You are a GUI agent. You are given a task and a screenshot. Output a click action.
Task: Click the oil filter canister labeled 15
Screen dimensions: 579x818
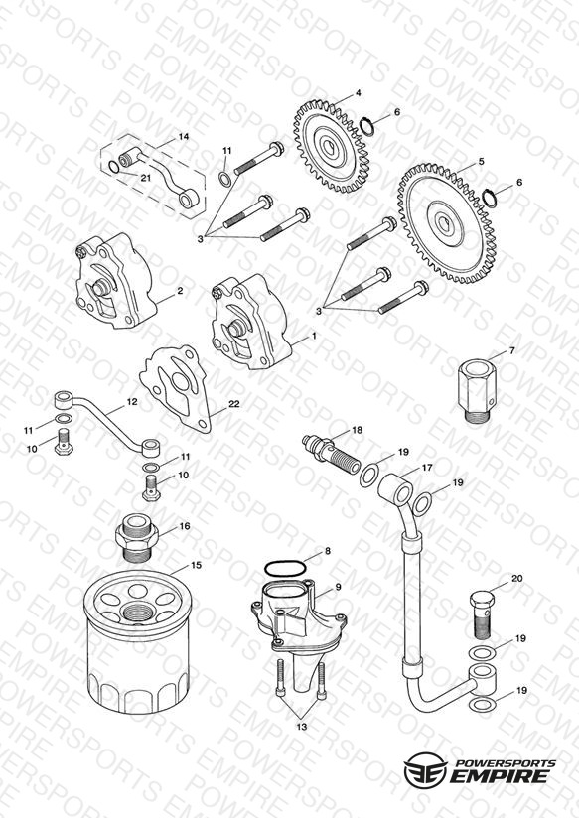[x=137, y=640]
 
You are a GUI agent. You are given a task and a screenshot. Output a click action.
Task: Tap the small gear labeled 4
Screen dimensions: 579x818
[x=332, y=147]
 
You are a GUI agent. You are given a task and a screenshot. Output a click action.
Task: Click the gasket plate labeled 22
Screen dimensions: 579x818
[x=177, y=386]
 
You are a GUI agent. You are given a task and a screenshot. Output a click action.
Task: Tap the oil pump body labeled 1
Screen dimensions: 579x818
[x=251, y=322]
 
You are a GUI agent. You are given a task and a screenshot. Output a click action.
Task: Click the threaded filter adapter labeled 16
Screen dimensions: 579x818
[x=136, y=537]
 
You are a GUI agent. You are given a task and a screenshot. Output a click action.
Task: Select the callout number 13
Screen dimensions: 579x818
[x=302, y=727]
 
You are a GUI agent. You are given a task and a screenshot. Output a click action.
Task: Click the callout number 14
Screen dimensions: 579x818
[x=184, y=137]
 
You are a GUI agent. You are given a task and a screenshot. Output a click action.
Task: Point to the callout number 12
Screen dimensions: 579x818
[x=132, y=402]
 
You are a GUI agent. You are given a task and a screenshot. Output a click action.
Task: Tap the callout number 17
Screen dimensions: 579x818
[x=427, y=468]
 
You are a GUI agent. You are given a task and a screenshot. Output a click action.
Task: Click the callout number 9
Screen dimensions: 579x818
[x=338, y=587]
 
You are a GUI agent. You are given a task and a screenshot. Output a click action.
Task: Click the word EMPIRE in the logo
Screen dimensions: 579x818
[x=500, y=775]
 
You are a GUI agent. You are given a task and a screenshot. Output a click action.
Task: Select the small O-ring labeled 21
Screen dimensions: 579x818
[x=114, y=167]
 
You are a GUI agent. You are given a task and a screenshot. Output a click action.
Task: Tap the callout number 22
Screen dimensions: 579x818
[x=234, y=404]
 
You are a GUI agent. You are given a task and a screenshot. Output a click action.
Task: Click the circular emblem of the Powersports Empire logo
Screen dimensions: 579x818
[x=425, y=768]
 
